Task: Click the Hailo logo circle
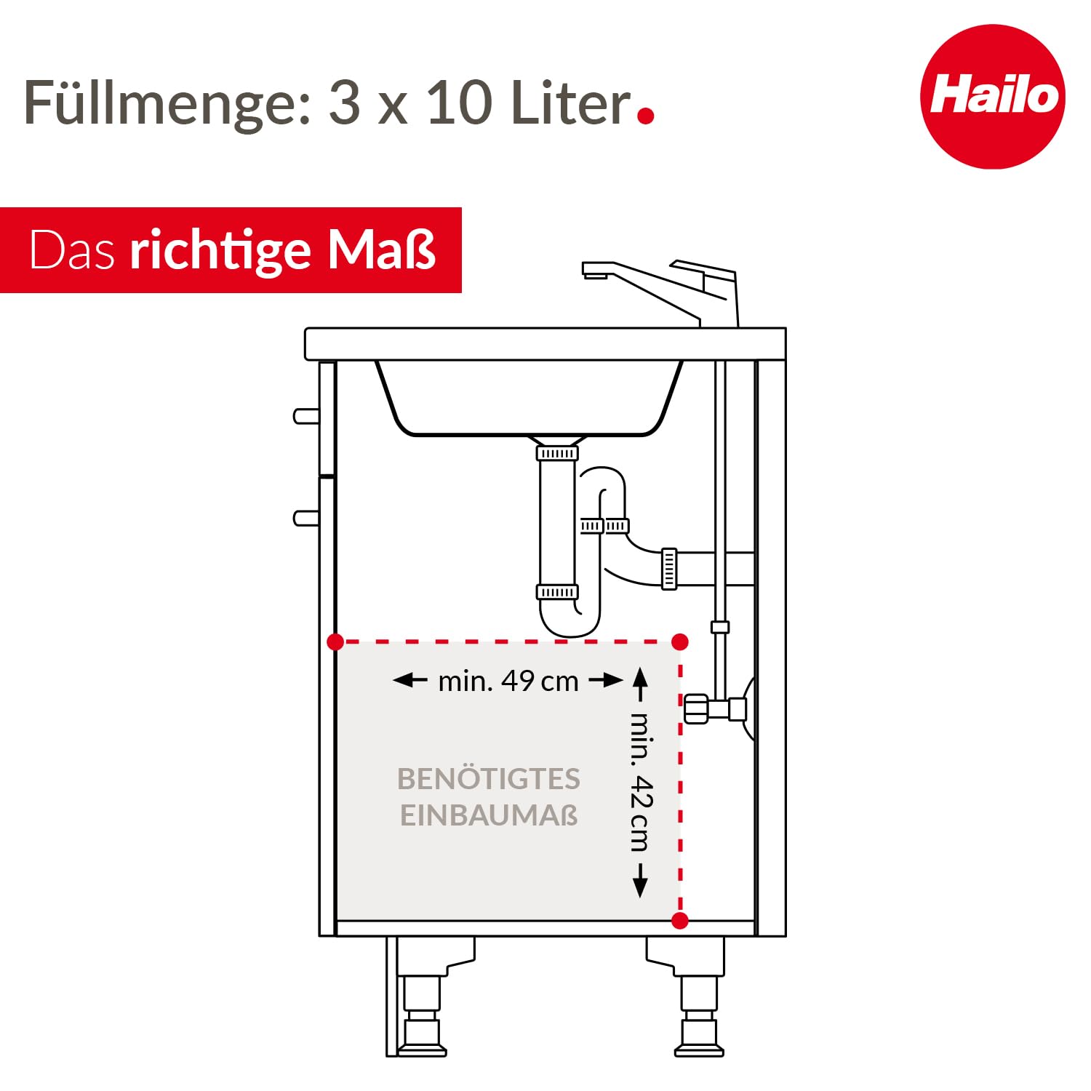(993, 97)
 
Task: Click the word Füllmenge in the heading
(167, 103)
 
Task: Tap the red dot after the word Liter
(645, 115)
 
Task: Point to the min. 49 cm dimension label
(508, 681)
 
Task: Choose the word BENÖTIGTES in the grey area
(489, 778)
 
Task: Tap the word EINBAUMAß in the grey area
(489, 815)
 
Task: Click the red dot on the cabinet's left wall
(335, 642)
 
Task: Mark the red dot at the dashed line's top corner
(680, 642)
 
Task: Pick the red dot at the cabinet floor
(680, 921)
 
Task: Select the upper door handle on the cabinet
(306, 416)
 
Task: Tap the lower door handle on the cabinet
(306, 518)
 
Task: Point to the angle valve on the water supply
(715, 708)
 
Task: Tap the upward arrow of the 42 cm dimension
(640, 684)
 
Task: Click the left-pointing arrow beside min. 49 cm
(410, 681)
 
